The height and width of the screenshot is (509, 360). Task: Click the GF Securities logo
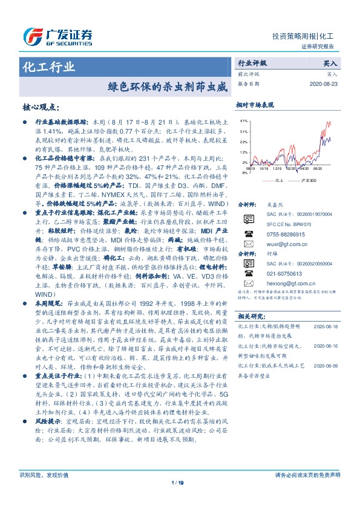coord(57,36)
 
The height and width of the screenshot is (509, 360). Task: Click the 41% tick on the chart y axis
coord(243,121)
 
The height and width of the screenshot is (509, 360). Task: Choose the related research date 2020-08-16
coord(327,345)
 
